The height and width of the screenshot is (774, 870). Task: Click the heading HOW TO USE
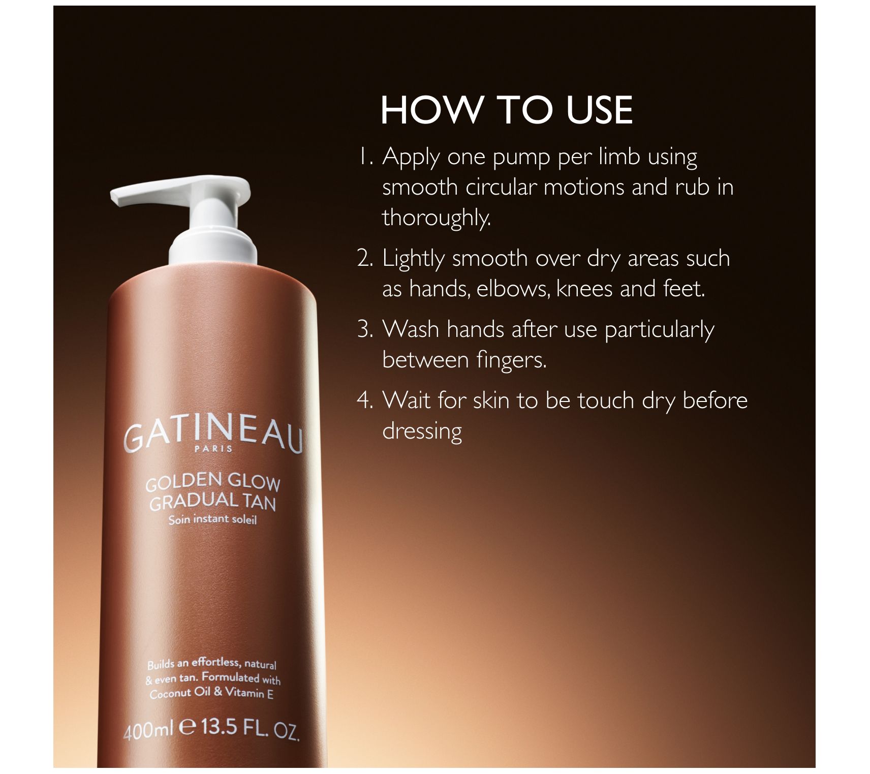click(x=507, y=110)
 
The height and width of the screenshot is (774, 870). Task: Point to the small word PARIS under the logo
click(x=213, y=448)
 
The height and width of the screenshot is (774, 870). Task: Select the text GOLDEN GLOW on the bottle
click(x=213, y=482)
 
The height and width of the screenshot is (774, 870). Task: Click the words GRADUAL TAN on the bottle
click(x=213, y=502)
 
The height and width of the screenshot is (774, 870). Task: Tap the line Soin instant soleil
click(x=213, y=519)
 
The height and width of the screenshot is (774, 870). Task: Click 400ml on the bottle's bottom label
click(x=149, y=730)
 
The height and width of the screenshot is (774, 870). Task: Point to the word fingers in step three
click(x=512, y=360)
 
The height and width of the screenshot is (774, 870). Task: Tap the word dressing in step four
click(x=422, y=431)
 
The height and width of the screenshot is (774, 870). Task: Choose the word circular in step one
click(x=501, y=187)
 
